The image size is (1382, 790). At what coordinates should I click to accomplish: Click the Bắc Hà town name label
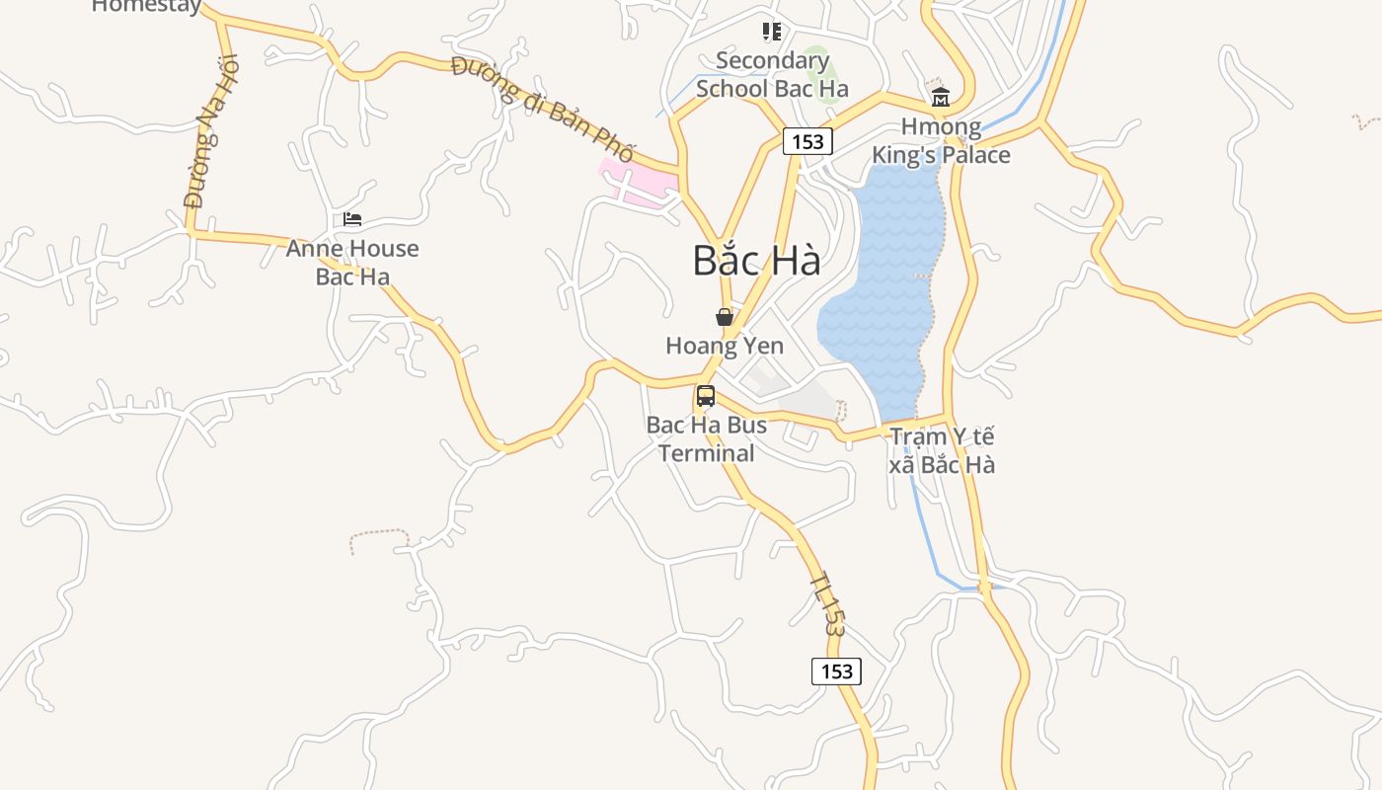pos(756,261)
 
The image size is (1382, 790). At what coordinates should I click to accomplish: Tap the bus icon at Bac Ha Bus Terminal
pos(706,396)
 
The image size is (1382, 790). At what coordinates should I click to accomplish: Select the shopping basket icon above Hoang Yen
pos(725,317)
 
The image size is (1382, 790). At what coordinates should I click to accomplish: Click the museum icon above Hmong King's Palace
pos(940,97)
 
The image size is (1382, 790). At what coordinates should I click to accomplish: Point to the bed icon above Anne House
pos(352,219)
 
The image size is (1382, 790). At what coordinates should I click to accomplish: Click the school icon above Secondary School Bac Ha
pos(772,33)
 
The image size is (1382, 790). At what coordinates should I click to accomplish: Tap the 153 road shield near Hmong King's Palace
pos(807,141)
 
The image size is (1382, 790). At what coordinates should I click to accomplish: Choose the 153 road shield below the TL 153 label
pos(836,671)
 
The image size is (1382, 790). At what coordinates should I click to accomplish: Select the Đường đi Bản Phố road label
pos(542,110)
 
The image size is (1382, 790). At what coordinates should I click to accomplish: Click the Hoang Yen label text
pos(725,346)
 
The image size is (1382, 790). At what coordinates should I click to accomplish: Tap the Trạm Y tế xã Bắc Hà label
pos(942,450)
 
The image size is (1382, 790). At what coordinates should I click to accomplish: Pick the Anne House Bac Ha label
pos(352,263)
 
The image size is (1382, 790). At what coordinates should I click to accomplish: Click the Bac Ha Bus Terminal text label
pos(707,439)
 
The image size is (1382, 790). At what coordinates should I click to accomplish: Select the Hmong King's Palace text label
pos(941,141)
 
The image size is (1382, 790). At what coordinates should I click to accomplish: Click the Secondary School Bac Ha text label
pos(772,74)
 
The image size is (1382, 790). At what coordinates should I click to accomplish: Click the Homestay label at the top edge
pos(146,6)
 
